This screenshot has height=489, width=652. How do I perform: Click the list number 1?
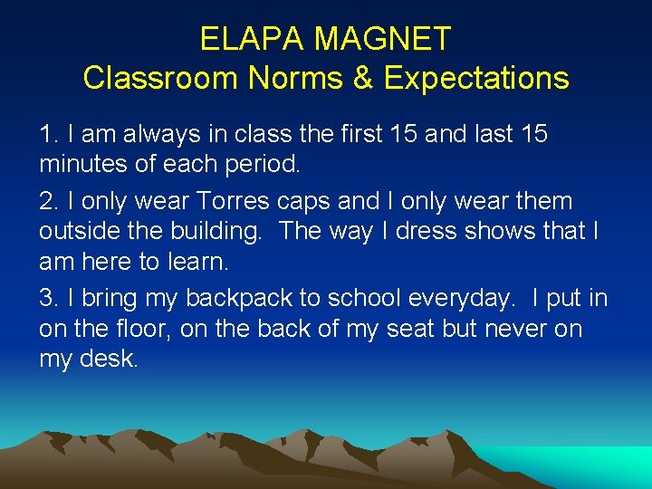47,135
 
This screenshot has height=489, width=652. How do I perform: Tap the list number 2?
47,200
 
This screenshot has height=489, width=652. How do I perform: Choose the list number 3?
47,297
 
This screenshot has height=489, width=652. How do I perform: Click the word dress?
423,232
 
